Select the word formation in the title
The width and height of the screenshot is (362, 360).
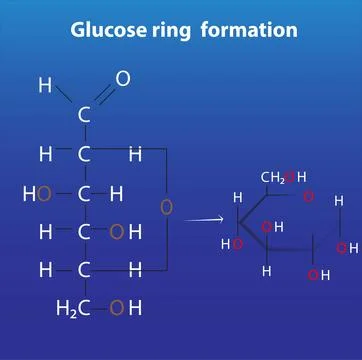(249, 30)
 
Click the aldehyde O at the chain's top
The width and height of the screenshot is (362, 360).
(123, 78)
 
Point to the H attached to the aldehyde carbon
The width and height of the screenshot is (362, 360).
(45, 86)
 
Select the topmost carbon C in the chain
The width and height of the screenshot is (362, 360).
(84, 115)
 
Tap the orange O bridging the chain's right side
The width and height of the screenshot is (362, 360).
(166, 207)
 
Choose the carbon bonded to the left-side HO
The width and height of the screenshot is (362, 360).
(84, 193)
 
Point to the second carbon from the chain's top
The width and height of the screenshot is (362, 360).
(84, 154)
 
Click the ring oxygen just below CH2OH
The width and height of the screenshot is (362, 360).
(309, 196)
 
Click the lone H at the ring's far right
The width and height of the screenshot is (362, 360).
(338, 201)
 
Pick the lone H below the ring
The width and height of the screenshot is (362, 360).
(267, 271)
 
